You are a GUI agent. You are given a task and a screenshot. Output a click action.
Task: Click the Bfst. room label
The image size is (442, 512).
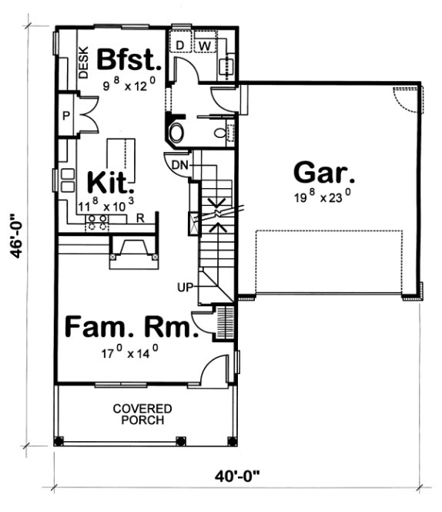(x=130, y=59)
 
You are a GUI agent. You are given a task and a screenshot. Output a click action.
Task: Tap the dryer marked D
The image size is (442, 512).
(x=180, y=45)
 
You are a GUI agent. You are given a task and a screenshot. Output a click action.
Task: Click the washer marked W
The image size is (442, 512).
(x=205, y=45)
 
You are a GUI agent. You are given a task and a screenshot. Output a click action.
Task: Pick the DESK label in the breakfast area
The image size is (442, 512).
(x=83, y=61)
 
